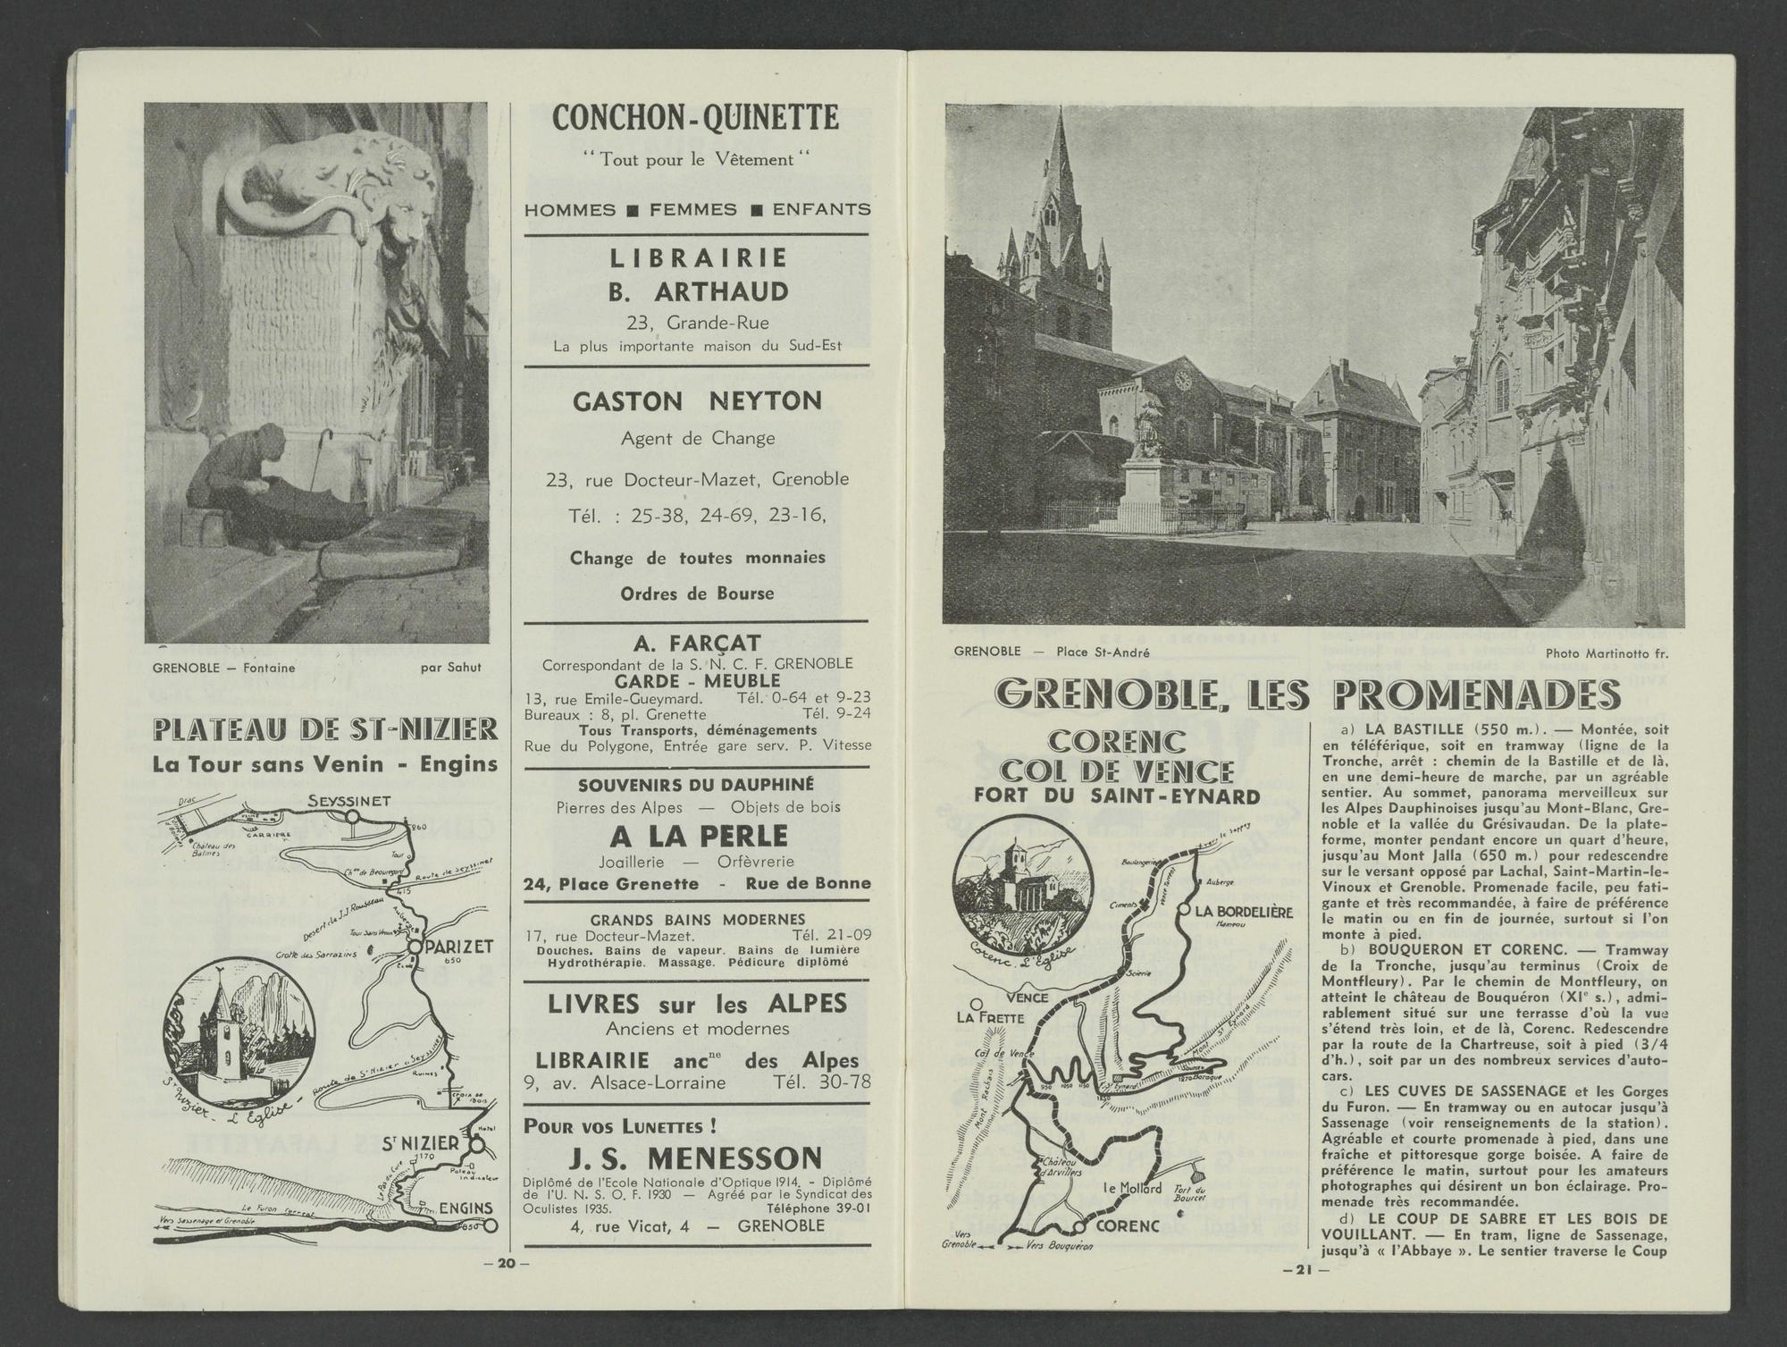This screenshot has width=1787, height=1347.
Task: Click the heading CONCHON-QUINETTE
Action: coord(695,118)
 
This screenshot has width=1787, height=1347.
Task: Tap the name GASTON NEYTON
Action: coord(697,402)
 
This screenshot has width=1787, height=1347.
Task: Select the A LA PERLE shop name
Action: coord(699,836)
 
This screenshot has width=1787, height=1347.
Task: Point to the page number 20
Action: coord(507,1263)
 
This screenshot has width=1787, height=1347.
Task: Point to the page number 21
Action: coord(1304,1270)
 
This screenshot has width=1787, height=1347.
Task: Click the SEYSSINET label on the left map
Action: coord(348,801)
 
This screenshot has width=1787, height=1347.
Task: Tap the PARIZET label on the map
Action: coord(460,947)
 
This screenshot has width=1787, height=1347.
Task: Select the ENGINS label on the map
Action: coord(466,1208)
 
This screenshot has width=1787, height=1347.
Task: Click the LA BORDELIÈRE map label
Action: coord(1243,912)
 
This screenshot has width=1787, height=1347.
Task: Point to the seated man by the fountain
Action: coord(241,484)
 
